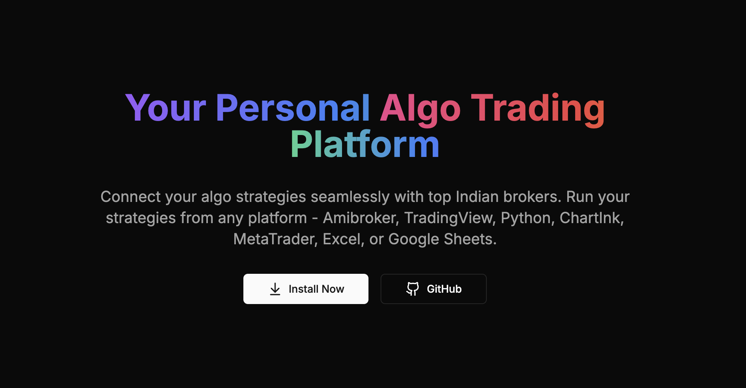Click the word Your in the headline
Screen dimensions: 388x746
click(166, 109)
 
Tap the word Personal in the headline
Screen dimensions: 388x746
click(293, 109)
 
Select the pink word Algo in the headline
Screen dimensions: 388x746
click(420, 109)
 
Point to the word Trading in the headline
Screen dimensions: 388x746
click(538, 109)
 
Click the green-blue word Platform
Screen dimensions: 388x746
click(365, 144)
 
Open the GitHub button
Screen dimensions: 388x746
click(433, 289)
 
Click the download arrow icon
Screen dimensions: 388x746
click(275, 289)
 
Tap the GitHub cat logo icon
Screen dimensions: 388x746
click(412, 289)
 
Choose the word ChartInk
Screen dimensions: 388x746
click(591, 218)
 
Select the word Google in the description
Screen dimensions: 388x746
click(413, 239)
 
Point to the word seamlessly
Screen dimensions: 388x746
click(350, 197)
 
